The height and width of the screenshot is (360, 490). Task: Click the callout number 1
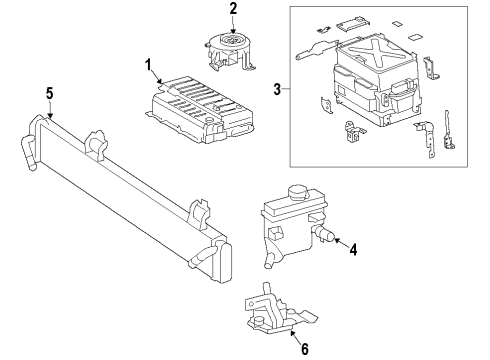[x=148, y=65]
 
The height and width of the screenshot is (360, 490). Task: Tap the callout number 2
[x=233, y=8]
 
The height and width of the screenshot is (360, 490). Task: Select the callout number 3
[x=277, y=89]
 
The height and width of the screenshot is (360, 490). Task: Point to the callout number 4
[x=353, y=249]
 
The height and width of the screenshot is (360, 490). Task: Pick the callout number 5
[x=49, y=93]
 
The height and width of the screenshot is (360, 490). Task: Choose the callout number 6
[x=305, y=349]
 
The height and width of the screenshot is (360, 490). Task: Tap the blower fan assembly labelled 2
[x=229, y=51]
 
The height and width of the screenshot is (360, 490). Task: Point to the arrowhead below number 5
[x=50, y=115]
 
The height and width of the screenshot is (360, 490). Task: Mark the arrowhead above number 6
[x=292, y=332]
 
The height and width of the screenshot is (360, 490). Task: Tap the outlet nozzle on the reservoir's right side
[x=324, y=233]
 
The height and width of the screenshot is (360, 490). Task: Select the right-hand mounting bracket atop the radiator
[x=200, y=214]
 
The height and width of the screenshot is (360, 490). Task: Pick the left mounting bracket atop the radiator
[x=96, y=144]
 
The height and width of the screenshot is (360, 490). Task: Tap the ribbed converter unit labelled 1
[x=199, y=110]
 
